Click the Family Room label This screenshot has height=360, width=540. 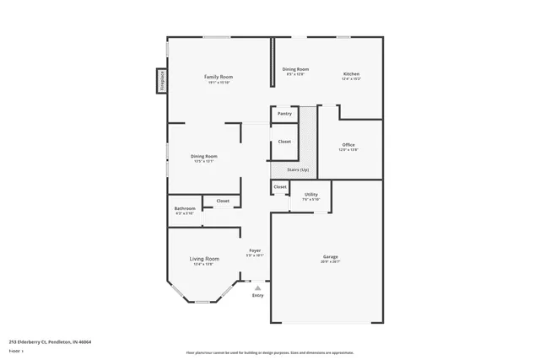[x=219, y=77]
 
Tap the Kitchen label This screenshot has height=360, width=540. [x=351, y=74]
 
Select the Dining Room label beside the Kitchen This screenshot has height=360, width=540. [x=295, y=69]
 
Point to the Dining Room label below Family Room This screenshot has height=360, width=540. [x=203, y=156]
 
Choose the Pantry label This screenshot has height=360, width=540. [x=284, y=113]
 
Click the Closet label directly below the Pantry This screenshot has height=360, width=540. [x=284, y=142]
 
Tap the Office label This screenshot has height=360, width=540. [x=348, y=145]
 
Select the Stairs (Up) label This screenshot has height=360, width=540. [x=298, y=170]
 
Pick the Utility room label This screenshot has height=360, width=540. [x=310, y=195]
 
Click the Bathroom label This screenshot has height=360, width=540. [x=185, y=208]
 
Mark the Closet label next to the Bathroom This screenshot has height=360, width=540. [x=223, y=201]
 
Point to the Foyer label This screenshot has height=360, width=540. [x=254, y=250]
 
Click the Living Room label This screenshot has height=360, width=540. [x=204, y=259]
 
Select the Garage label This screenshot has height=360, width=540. [x=330, y=256]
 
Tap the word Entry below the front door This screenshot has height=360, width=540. [x=257, y=295]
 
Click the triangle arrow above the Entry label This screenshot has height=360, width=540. [x=257, y=287]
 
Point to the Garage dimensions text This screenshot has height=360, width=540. [x=330, y=262]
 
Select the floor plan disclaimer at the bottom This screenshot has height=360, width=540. [x=270, y=352]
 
